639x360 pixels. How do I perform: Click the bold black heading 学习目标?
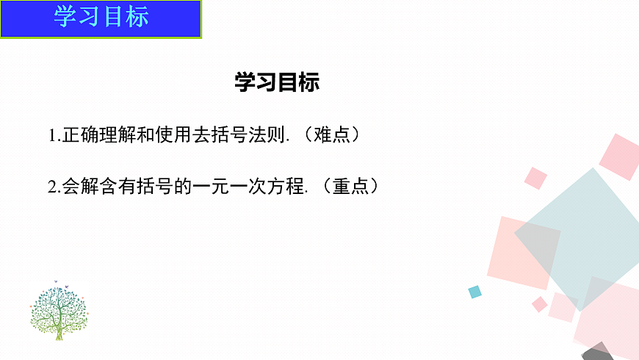[277, 82]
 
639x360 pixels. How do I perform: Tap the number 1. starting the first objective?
[54, 136]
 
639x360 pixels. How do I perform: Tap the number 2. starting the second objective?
[54, 187]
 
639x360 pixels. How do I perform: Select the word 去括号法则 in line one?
[239, 135]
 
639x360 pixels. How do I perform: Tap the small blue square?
[475, 292]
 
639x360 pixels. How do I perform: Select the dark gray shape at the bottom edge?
[599, 351]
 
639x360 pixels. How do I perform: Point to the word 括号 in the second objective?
[150, 187]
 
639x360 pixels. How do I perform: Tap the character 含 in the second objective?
[106, 187]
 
